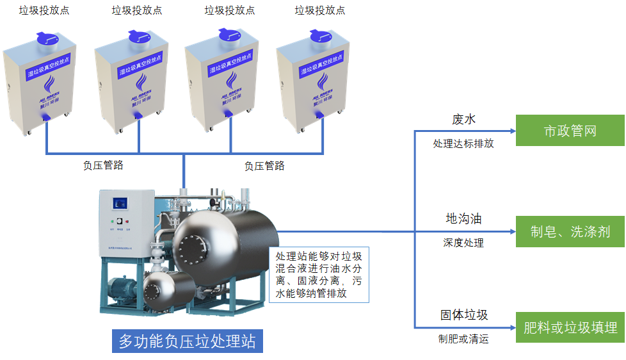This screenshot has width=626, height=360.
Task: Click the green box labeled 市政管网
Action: point(570,131)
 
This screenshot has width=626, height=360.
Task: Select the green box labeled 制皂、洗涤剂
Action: point(570,232)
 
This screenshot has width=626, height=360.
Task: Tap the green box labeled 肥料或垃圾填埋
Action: point(570,328)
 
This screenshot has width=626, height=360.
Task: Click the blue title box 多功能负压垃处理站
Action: point(188,341)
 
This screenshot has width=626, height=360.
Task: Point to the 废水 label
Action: point(464,120)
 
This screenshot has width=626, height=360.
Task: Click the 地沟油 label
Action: point(463,219)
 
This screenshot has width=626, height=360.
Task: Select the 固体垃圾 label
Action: point(464,315)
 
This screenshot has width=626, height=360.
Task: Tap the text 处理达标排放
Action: point(463,143)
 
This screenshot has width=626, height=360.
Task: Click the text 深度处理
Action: point(463,243)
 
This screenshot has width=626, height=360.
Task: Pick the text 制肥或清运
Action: point(463,339)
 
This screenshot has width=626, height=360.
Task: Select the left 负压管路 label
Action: point(103,165)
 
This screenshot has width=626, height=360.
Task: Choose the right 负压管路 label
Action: point(264,166)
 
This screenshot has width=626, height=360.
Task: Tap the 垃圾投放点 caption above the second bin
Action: point(137,10)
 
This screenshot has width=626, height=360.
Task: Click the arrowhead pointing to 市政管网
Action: point(511,131)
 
